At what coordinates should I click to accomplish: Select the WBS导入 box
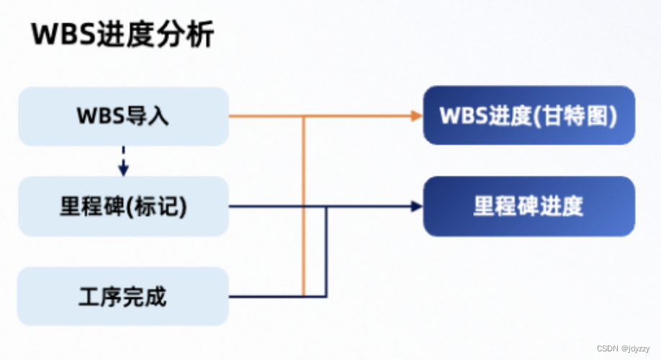[123, 116]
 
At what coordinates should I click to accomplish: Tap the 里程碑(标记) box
[123, 207]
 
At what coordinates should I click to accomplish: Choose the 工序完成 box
[123, 296]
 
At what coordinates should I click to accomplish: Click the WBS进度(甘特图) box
[529, 116]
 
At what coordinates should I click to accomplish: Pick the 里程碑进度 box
[529, 207]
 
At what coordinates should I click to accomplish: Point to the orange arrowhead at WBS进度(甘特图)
[415, 115]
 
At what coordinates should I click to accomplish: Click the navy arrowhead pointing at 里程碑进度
[415, 207]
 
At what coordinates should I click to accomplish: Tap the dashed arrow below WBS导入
[123, 161]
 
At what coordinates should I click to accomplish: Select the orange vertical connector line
[304, 209]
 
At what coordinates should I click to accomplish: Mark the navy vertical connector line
[326, 252]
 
